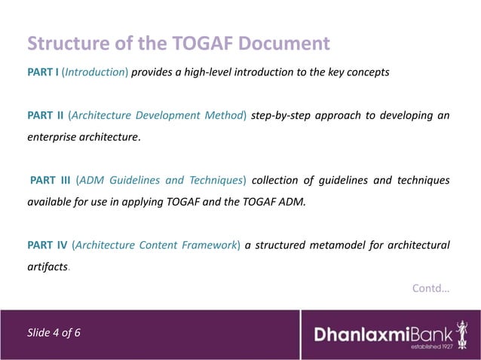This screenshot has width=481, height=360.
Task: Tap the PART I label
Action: pos(43,73)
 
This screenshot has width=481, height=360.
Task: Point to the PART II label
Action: pos(44,116)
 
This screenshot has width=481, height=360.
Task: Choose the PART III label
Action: pos(50,180)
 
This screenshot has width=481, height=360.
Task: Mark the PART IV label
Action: pos(46,245)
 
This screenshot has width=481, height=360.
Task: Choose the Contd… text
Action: pos(431,287)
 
